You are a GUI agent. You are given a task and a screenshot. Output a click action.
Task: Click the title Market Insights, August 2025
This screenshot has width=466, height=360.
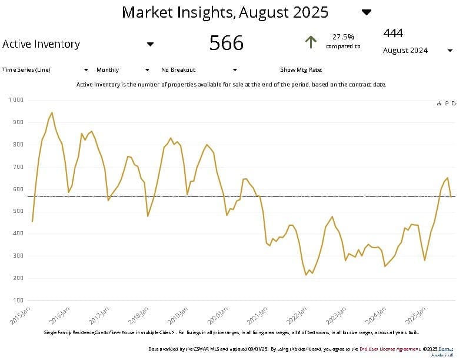[225, 12]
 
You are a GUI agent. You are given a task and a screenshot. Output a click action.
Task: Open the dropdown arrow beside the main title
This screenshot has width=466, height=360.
[367, 12]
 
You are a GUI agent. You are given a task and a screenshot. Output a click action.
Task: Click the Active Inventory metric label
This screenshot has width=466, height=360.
[41, 44]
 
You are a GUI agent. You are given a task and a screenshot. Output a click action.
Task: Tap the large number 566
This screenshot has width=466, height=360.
[227, 42]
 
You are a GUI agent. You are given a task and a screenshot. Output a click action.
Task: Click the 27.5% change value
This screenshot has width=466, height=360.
[343, 36]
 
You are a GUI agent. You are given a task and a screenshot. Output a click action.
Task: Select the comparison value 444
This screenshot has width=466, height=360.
[393, 33]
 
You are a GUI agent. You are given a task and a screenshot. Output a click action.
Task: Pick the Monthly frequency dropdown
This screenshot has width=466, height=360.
[122, 69]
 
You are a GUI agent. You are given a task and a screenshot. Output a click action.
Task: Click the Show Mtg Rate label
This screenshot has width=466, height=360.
[301, 69]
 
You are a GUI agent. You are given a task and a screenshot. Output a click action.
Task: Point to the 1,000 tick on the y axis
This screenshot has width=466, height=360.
[16, 100]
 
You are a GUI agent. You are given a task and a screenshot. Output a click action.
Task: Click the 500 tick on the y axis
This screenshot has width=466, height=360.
[18, 211]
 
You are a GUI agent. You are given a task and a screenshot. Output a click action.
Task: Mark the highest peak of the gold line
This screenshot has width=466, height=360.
[52, 112]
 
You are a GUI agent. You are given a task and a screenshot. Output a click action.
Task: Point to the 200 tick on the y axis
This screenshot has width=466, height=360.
[18, 278]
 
